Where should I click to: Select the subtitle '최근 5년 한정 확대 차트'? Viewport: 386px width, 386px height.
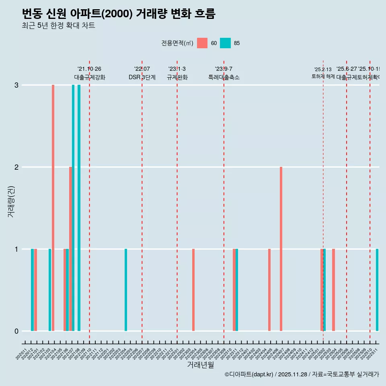pyautogui.click(x=58, y=26)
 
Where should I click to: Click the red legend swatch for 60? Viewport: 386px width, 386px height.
pyautogui.click(x=202, y=43)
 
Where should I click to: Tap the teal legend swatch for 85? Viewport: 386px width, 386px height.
pyautogui.click(x=225, y=43)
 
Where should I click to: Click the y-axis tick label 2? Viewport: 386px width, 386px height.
pyautogui.click(x=16, y=167)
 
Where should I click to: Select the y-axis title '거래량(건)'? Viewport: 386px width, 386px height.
pyautogui.click(x=11, y=201)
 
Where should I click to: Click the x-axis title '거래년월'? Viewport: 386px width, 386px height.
pyautogui.click(x=200, y=365)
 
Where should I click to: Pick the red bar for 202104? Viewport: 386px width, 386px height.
pyautogui.click(x=53, y=208)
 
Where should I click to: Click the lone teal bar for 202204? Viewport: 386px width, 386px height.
pyautogui.click(x=126, y=290)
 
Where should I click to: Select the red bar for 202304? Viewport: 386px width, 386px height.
pyautogui.click(x=193, y=290)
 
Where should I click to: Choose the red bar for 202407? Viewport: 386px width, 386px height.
pyautogui.click(x=281, y=249)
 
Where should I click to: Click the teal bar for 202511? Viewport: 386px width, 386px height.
pyautogui.click(x=377, y=290)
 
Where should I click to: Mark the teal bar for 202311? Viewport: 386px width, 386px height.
pyautogui.click(x=237, y=290)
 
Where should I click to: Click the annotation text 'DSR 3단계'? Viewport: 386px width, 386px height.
pyautogui.click(x=142, y=77)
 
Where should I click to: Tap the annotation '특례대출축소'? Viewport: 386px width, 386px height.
pyautogui.click(x=224, y=77)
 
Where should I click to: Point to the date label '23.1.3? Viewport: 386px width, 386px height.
pyautogui.click(x=177, y=69)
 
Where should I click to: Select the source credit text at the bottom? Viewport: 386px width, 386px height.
pyautogui.click(x=302, y=374)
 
